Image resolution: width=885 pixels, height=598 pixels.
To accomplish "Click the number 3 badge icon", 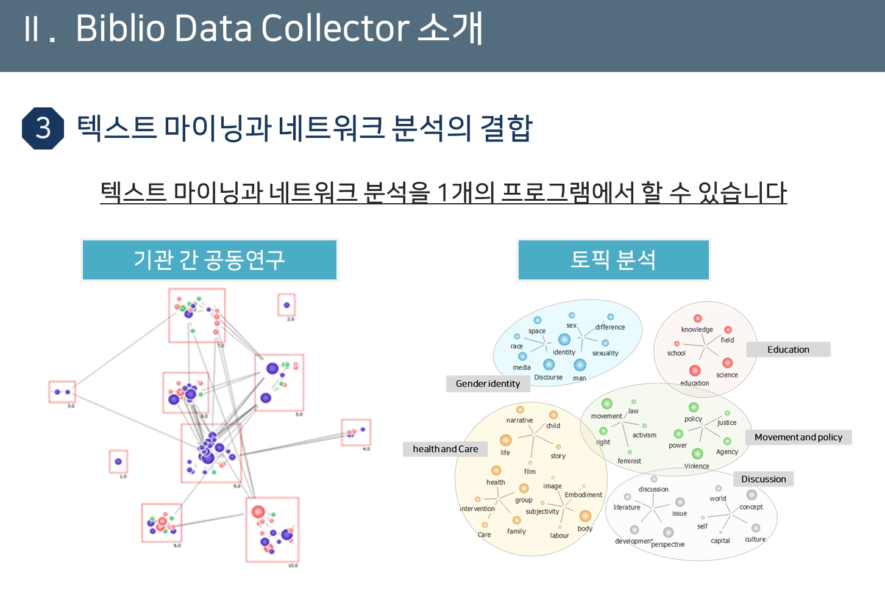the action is coord(43,128).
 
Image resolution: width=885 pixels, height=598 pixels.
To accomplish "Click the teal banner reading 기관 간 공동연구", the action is coord(209,260).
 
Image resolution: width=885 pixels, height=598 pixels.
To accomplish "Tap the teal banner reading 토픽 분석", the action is coord(613,260).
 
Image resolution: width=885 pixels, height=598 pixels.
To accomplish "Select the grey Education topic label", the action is coord(788,350).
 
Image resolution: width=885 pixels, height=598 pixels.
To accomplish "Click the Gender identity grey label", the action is coord(488,384).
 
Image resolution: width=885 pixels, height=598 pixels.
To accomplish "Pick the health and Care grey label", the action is coord(445,449).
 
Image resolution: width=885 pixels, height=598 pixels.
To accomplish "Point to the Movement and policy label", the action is coord(798,438).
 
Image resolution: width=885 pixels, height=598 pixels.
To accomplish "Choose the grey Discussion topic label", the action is coord(763,480).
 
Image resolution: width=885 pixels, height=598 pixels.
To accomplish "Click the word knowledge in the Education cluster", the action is coord(697,330).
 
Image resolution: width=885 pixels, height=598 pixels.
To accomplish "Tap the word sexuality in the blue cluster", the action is coord(605,353).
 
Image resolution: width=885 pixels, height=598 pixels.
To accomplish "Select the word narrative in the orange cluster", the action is coord(519,420).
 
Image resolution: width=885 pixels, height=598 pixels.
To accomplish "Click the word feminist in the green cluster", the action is coord(629,461).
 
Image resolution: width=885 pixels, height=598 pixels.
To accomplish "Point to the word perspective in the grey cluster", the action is coord(668,544).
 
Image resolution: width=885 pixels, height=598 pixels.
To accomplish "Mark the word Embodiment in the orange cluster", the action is coord(583,495).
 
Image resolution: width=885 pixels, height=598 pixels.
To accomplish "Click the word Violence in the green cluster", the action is coord(697,466).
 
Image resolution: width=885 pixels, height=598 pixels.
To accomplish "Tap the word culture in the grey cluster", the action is coord(755,539).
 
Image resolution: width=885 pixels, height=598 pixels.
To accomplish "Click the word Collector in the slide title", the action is coord(335,28).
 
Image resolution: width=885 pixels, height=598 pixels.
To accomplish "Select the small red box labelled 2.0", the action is coord(286,304).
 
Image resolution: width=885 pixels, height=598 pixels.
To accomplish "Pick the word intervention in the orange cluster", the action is coord(477,509).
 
